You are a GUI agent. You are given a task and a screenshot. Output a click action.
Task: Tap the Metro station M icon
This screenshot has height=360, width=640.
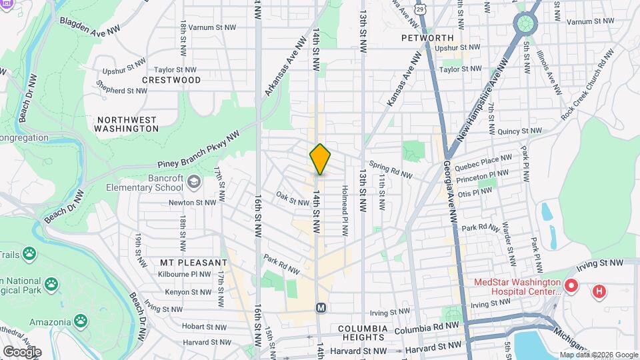click(321, 307)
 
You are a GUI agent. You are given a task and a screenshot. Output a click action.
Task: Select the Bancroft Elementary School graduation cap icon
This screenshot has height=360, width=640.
click(193, 181)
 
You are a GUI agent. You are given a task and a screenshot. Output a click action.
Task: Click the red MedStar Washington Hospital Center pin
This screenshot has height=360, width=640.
click(571, 287)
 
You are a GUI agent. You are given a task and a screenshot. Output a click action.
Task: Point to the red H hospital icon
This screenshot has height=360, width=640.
click(600, 291)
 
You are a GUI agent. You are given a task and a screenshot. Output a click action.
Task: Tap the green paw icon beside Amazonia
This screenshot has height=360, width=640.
click(80, 321)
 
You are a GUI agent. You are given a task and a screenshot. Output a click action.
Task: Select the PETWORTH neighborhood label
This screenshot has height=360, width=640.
click(427, 38)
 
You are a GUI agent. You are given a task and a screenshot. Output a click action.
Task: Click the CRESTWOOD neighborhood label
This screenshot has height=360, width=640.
click(171, 80)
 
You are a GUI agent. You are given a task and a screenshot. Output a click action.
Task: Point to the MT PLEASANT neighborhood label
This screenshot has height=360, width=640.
click(194, 263)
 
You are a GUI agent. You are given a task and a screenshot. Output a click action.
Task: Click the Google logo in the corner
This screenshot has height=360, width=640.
click(21, 351)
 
